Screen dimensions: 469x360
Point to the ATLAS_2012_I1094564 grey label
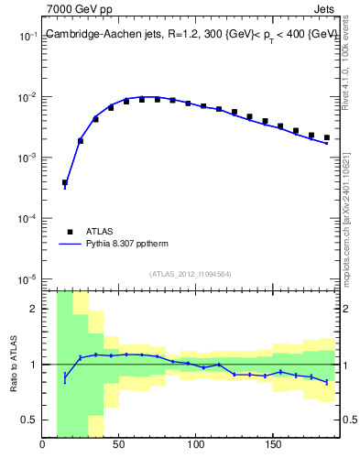pyautogui.click(x=191, y=273)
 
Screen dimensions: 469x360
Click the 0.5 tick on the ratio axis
pyautogui.click(x=28, y=420)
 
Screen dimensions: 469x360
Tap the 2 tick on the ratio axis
pyautogui.click(x=32, y=309)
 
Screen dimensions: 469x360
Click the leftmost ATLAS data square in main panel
pyautogui.click(x=65, y=182)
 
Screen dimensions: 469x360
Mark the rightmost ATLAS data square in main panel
pyautogui.click(x=326, y=137)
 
